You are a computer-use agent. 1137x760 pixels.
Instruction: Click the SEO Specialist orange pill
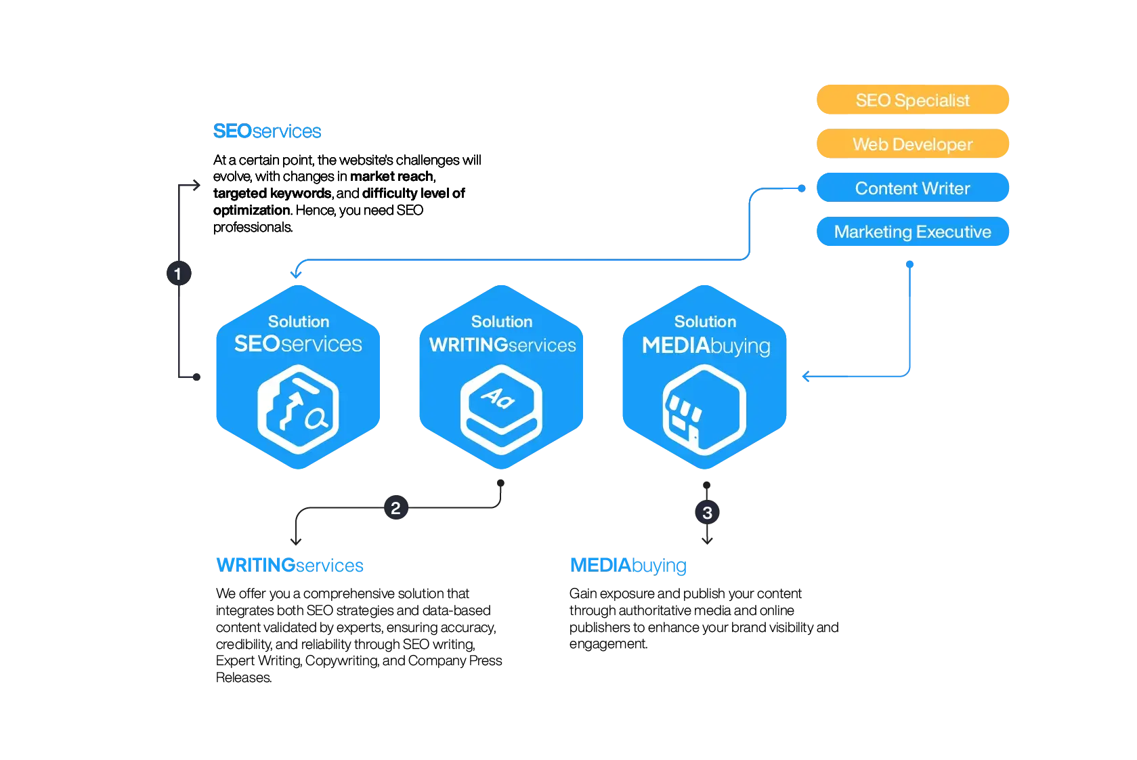912,100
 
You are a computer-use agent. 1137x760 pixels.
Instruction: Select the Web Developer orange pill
912,144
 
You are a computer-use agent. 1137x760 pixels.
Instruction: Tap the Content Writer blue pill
912,188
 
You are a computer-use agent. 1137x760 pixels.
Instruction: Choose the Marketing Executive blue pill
912,232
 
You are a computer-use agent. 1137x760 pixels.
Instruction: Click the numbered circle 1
178,274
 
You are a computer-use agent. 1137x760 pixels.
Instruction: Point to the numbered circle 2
395,507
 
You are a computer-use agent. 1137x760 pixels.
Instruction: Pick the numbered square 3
707,513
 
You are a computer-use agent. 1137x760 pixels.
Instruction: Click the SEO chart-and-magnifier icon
298,409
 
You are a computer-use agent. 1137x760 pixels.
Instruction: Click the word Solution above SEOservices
299,321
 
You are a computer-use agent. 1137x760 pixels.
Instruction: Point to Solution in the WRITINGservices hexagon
502,321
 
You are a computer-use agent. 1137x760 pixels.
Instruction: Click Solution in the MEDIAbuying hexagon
705,321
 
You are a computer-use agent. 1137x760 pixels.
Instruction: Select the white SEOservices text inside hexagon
298,344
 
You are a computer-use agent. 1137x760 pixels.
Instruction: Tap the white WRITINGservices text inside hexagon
502,345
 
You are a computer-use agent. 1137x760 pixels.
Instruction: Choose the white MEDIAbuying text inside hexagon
706,345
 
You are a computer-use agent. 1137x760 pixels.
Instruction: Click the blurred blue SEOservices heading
268,131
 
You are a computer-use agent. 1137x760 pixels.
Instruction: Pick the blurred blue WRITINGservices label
291,564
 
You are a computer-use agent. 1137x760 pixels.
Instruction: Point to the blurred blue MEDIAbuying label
628,565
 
